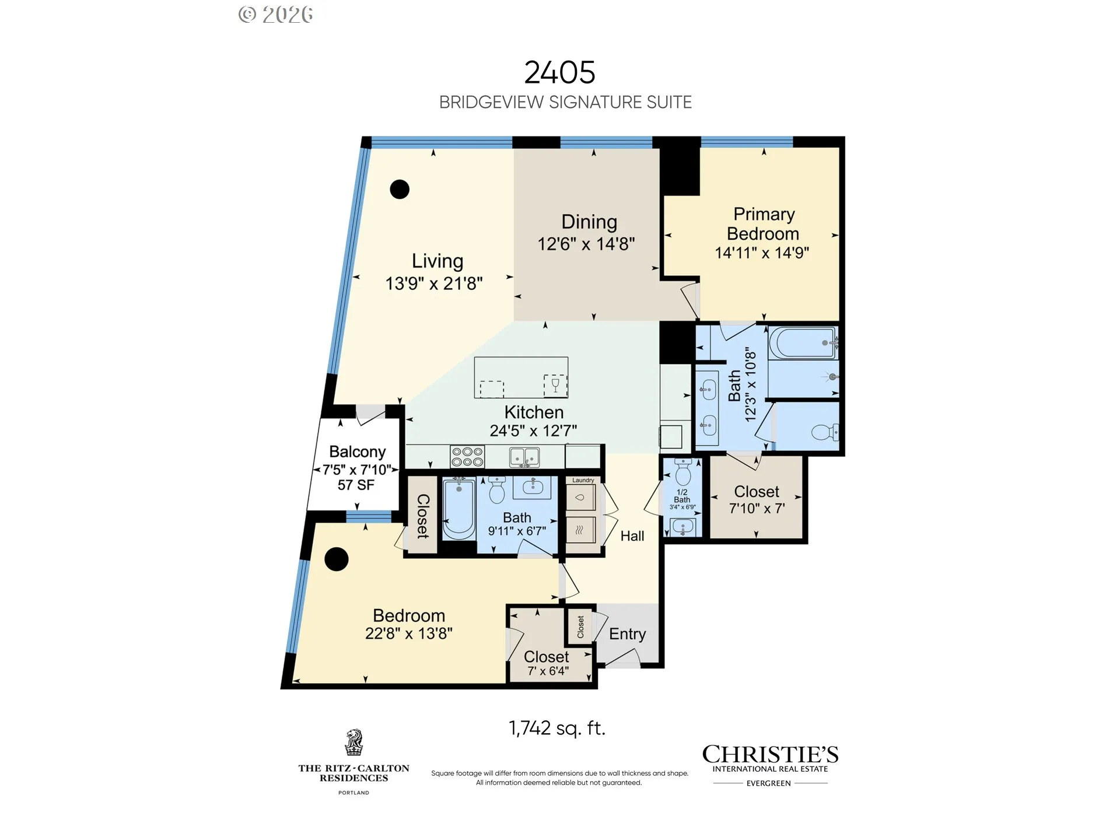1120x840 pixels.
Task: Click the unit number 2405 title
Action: pyautogui.click(x=559, y=73)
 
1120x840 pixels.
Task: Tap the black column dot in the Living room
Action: pyautogui.click(x=400, y=189)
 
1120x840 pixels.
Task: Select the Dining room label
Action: pyautogui.click(x=589, y=222)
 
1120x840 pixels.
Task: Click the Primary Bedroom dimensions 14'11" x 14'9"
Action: pyautogui.click(x=762, y=253)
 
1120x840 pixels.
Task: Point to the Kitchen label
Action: pyautogui.click(x=534, y=412)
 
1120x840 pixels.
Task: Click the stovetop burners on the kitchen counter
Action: pyautogui.click(x=467, y=456)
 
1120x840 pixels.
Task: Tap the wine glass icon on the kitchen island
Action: pyautogui.click(x=555, y=384)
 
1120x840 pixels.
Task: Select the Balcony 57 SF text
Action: pyautogui.click(x=356, y=485)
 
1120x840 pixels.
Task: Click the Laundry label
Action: pyautogui.click(x=583, y=480)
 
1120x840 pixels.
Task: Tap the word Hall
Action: pyautogui.click(x=632, y=536)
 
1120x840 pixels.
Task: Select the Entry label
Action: pyautogui.click(x=628, y=634)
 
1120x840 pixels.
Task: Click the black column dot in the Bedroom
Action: pyautogui.click(x=336, y=559)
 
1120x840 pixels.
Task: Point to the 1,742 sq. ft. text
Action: pyautogui.click(x=557, y=728)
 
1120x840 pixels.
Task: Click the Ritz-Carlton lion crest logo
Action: pyautogui.click(x=353, y=742)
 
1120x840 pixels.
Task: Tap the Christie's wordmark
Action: pyautogui.click(x=770, y=754)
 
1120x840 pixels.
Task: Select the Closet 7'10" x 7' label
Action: pyautogui.click(x=757, y=500)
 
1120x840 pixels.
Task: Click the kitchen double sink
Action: pyautogui.click(x=524, y=457)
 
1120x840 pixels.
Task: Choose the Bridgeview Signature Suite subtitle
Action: pyautogui.click(x=565, y=103)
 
